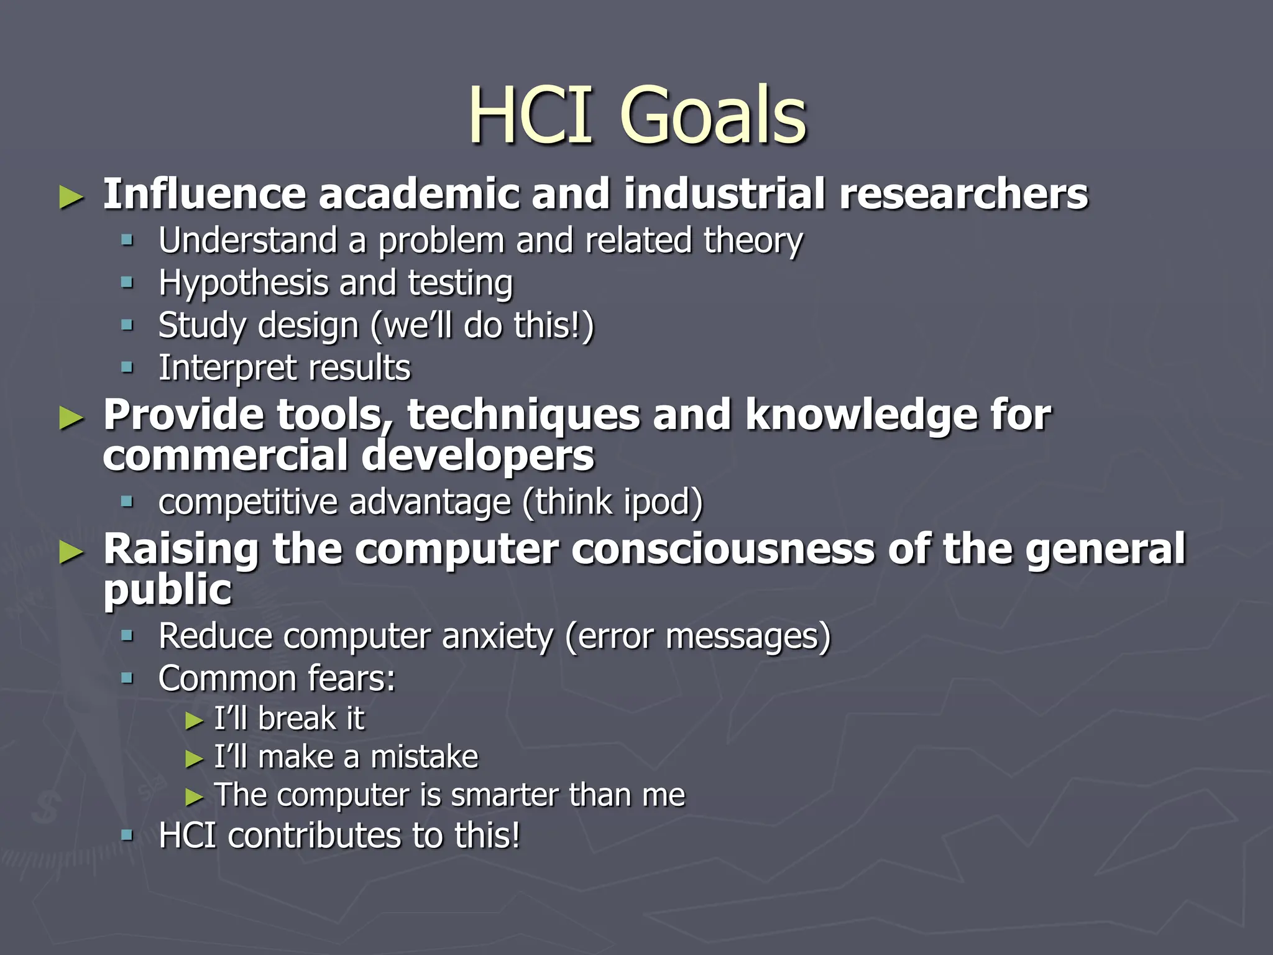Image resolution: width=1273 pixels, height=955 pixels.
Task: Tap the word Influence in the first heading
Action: [204, 194]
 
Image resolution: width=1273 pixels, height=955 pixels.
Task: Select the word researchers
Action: [963, 194]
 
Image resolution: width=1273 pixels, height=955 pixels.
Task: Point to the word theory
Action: [753, 241]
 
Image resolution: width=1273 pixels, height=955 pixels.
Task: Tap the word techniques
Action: [523, 415]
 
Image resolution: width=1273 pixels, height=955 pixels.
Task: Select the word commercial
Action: [225, 456]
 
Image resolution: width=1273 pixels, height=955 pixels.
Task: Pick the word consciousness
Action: [723, 550]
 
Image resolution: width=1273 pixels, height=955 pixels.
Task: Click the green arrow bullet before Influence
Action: [71, 198]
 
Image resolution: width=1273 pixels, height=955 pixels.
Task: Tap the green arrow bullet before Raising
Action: [71, 553]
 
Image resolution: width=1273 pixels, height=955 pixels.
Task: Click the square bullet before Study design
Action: [127, 325]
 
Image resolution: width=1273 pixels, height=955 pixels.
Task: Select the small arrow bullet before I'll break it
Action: [195, 721]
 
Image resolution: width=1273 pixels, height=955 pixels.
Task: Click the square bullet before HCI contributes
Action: [127, 835]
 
